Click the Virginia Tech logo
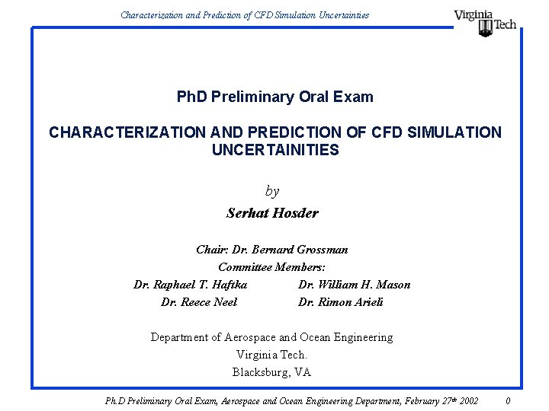click(485, 22)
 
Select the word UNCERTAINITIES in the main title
click(275, 150)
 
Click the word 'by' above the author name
click(272, 191)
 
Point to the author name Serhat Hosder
click(272, 213)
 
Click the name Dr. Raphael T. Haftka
click(190, 285)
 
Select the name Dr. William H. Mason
click(354, 285)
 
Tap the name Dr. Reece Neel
click(199, 302)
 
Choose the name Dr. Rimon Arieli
click(340, 302)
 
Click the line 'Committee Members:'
click(271, 267)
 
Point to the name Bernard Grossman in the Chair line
click(311, 250)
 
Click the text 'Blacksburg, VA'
click(272, 372)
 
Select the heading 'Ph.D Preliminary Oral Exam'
click(275, 97)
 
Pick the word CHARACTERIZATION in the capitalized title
click(127, 132)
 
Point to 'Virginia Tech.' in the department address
click(272, 355)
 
